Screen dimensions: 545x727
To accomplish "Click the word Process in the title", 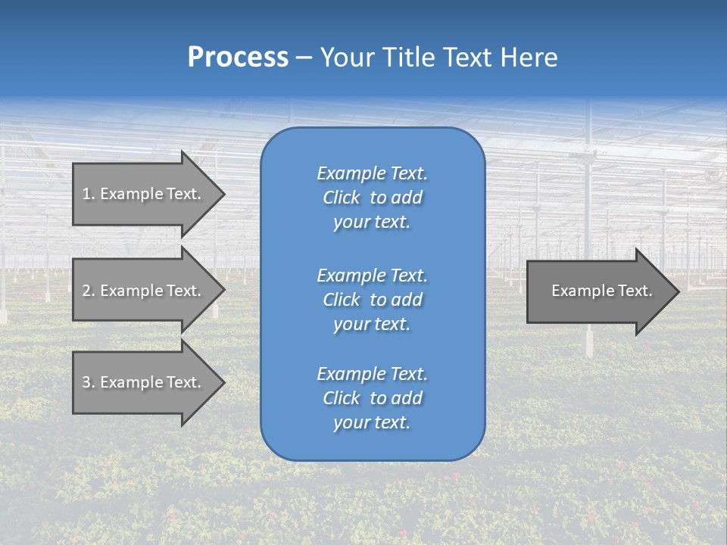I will (x=238, y=58).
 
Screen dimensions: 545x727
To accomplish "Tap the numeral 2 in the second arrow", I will (x=86, y=291).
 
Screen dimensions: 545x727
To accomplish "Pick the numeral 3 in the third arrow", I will (x=86, y=382).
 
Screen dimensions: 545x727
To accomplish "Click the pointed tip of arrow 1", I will (x=223, y=194).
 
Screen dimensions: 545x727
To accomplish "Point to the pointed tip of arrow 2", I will (x=223, y=291).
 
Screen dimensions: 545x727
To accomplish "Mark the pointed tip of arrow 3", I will (x=223, y=382).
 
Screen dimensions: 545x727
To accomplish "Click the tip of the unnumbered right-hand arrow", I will (x=678, y=291).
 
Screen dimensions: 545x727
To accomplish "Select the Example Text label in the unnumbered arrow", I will (x=601, y=291).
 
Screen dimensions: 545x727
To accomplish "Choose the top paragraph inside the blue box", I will (x=372, y=198).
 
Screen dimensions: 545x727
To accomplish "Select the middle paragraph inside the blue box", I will (x=372, y=299).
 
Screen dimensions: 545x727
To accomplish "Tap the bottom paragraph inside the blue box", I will (x=372, y=398).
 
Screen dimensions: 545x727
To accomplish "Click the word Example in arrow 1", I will (x=132, y=194).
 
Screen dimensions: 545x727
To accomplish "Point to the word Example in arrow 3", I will (x=132, y=382).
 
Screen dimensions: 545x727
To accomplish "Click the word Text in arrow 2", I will (x=184, y=291).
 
